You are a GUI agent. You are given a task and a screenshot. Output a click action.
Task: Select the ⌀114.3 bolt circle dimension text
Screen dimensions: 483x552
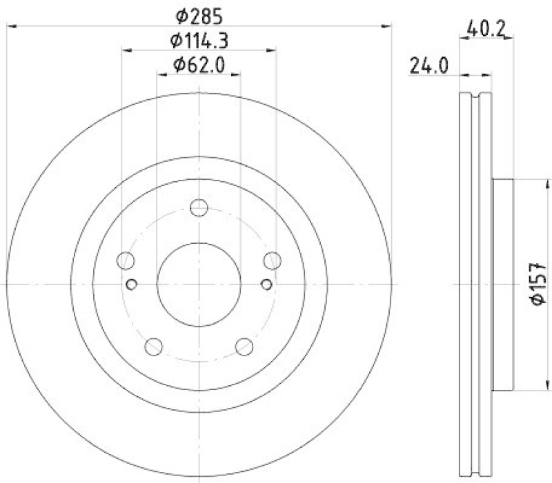tap(199, 40)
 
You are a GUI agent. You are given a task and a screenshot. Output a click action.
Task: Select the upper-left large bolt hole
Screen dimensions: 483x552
tap(126, 260)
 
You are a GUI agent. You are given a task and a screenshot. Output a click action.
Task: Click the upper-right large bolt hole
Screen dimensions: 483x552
tap(273, 260)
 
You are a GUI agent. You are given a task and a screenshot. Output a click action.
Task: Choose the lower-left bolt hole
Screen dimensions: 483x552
tap(153, 346)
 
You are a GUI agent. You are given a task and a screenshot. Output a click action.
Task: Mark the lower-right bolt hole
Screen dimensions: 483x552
tap(244, 346)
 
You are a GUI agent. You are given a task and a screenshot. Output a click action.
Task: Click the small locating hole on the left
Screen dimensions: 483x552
tap(132, 283)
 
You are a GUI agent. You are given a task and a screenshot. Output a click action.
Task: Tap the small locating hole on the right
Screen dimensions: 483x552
tap(266, 283)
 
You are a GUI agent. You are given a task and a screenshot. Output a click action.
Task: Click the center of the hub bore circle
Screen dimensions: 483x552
tap(199, 283)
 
